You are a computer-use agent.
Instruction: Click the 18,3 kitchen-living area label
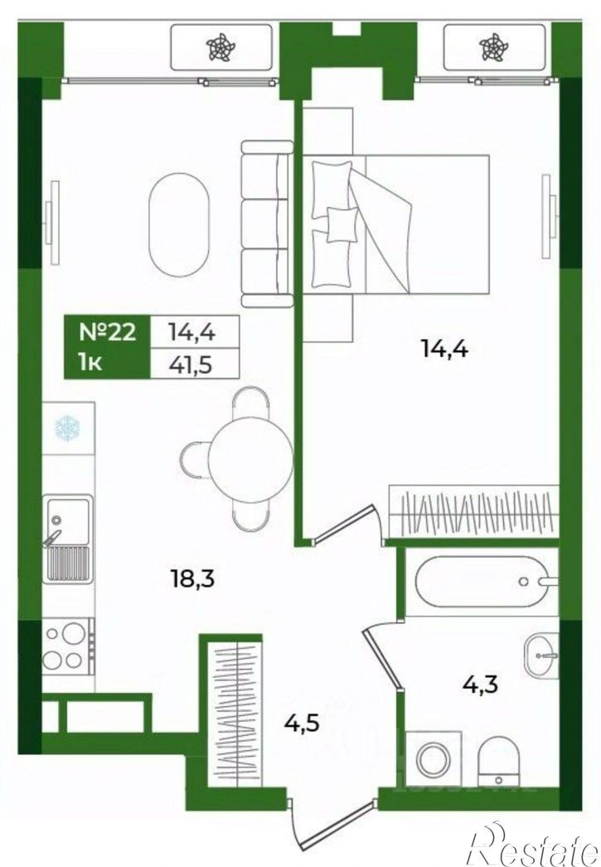point(191,579)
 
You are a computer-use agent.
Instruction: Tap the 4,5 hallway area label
point(302,722)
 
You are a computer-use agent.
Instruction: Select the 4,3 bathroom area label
point(480,685)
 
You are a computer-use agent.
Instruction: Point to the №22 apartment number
point(108,332)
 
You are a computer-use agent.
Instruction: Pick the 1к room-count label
point(90,364)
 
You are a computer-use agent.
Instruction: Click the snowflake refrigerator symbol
point(67,428)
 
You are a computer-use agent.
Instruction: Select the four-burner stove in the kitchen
point(67,645)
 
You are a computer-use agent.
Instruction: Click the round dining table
point(250,460)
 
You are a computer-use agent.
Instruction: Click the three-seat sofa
point(266,224)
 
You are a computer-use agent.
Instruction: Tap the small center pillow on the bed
point(342,224)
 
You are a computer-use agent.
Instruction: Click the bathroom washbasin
point(541,656)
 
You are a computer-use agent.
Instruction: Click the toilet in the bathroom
point(499,761)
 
